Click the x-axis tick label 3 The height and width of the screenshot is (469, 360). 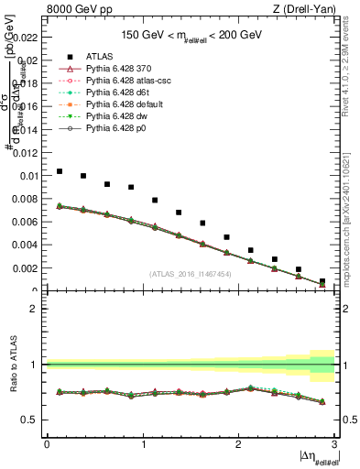click(x=334, y=444)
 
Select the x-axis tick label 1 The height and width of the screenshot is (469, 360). click(x=143, y=444)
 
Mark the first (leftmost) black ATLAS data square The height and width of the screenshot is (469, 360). click(x=60, y=171)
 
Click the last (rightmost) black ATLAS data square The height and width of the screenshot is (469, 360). click(x=322, y=281)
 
